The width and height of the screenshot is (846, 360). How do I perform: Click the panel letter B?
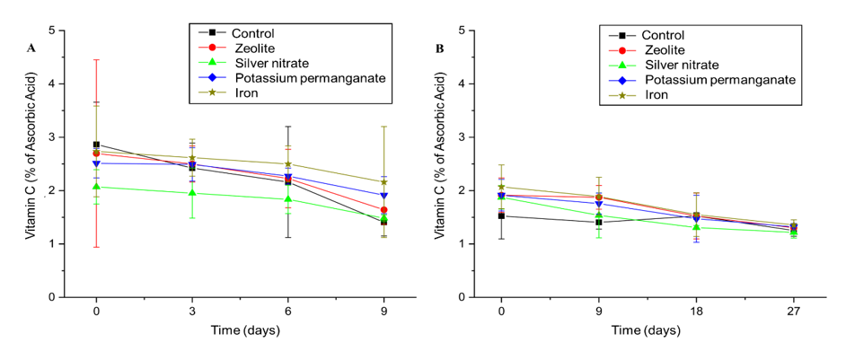tap(440, 48)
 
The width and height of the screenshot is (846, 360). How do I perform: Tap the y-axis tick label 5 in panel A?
tap(53, 31)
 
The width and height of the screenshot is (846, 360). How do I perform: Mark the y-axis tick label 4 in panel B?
tap(462, 83)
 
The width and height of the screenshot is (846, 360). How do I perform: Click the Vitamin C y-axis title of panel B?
tap(441, 164)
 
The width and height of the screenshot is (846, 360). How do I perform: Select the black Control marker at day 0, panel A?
tap(96, 145)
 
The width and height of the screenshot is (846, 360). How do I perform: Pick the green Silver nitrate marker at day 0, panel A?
tap(96, 187)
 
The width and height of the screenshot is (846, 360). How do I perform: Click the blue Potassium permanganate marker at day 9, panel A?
tap(383, 195)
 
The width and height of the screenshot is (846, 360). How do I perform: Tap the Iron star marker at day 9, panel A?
tap(383, 182)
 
